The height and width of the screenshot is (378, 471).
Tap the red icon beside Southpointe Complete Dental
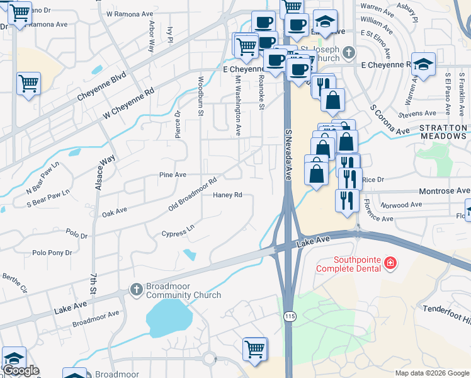[390, 262]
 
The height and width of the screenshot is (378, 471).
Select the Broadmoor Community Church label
[183, 290]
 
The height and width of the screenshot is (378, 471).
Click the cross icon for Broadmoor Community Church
[135, 289]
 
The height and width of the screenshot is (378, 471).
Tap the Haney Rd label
[228, 195]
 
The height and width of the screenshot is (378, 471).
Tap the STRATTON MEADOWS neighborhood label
[443, 133]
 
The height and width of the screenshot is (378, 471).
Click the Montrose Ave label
[446, 190]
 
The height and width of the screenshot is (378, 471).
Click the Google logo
[21, 370]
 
